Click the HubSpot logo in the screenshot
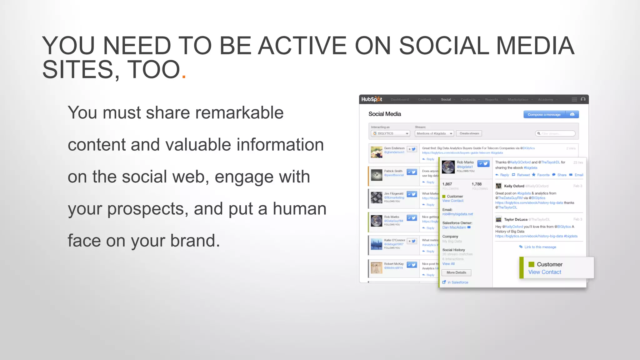pyautogui.click(x=372, y=99)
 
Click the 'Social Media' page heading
pyautogui.click(x=384, y=114)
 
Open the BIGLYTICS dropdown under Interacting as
pyautogui.click(x=390, y=133)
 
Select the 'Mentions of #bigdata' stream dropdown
pyautogui.click(x=434, y=133)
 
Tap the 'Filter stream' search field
pyautogui.click(x=556, y=133)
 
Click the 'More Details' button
pyautogui.click(x=456, y=272)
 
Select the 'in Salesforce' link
pyautogui.click(x=457, y=282)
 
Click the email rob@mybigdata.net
pyautogui.click(x=457, y=214)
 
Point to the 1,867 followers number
pyautogui.click(x=447, y=184)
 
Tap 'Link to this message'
pyautogui.click(x=540, y=247)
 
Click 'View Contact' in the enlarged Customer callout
pyautogui.click(x=545, y=272)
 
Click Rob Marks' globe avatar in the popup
pyautogui.click(x=448, y=167)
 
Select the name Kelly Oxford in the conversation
pyautogui.click(x=514, y=186)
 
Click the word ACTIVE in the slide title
pyautogui.click(x=302, y=46)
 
